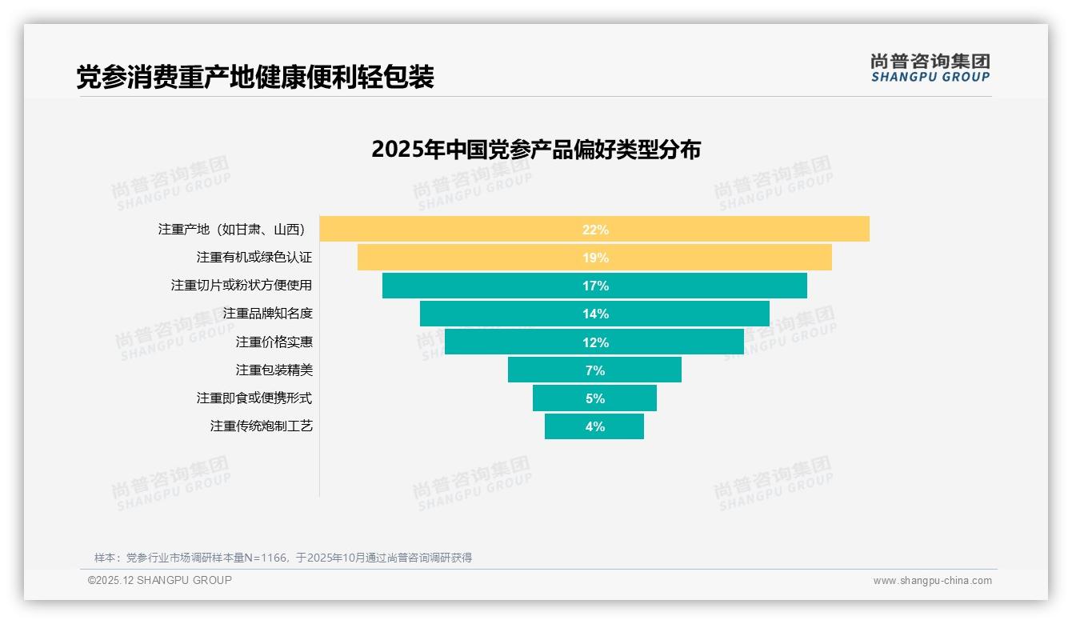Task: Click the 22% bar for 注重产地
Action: [594, 229]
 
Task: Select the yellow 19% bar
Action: [594, 258]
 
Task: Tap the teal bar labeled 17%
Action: [594, 286]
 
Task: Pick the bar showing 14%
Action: [594, 314]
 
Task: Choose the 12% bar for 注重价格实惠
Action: [594, 342]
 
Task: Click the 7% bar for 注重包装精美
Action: [594, 370]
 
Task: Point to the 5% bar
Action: [594, 398]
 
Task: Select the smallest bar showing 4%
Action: [594, 426]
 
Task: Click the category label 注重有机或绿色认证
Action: [254, 258]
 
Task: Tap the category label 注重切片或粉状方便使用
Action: [242, 286]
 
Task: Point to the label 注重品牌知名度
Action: [267, 314]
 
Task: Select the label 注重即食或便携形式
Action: [254, 398]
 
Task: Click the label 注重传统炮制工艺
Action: [261, 426]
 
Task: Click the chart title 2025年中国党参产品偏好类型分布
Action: [536, 150]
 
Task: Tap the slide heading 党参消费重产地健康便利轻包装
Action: [255, 77]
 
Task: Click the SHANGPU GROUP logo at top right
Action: [930, 68]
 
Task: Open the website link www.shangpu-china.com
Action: [932, 581]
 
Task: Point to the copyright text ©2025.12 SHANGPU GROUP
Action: [160, 580]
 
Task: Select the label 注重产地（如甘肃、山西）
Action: [233, 230]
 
